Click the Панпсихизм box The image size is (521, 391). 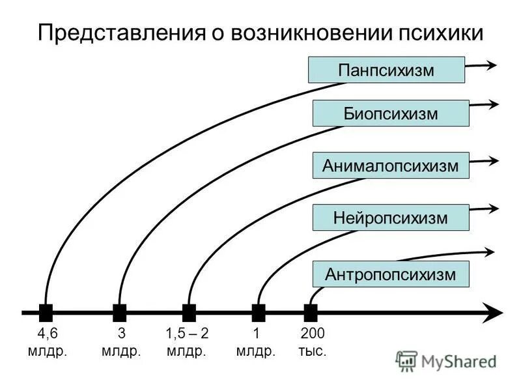(386, 70)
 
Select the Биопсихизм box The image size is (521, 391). (391, 113)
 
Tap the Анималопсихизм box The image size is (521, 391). (391, 166)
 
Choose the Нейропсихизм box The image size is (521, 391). (391, 218)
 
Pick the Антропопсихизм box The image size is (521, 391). (391, 274)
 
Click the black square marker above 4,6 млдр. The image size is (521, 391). (46, 312)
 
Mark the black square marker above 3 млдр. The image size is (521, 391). (119, 312)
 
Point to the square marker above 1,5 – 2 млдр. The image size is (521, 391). (189, 312)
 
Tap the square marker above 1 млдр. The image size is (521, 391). (259, 312)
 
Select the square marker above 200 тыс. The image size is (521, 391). (311, 312)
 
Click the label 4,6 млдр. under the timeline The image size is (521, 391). (47, 342)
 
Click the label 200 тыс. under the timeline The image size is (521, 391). (312, 342)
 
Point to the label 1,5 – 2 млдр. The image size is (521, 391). (187, 342)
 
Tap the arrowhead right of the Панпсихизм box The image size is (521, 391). (492, 64)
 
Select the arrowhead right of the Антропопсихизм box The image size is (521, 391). (490, 251)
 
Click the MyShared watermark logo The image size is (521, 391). (447, 360)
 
